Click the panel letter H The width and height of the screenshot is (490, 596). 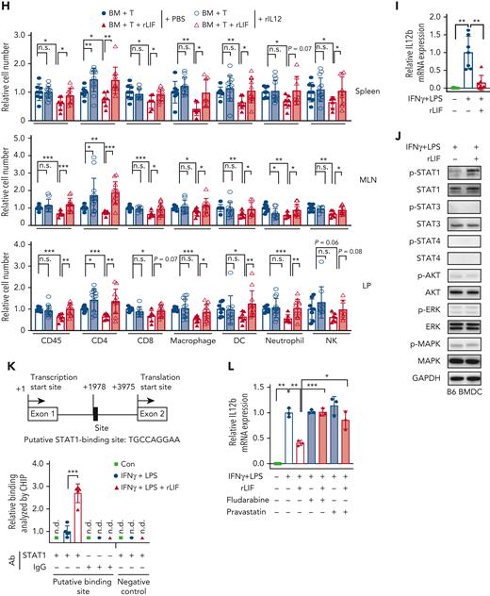point(6,7)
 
